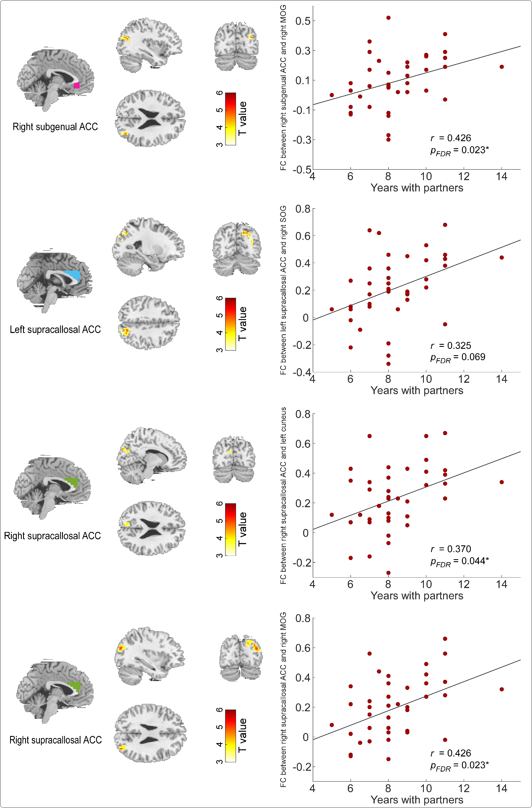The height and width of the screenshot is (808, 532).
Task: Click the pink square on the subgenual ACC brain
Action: tap(76, 85)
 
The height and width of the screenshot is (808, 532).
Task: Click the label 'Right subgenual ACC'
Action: tap(55, 127)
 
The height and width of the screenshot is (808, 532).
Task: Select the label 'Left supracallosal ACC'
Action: tap(55, 330)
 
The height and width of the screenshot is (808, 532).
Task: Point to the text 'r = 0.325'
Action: tap(451, 346)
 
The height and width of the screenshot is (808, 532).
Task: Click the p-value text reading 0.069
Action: tap(458, 357)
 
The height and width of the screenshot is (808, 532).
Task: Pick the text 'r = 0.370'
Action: tap(451, 549)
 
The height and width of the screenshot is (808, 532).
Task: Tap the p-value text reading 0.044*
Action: tap(459, 561)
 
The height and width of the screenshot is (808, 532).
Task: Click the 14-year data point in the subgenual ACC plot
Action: tap(501, 67)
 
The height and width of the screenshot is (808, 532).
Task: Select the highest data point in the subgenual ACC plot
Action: tap(388, 18)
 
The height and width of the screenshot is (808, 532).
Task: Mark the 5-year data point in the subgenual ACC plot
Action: tap(332, 95)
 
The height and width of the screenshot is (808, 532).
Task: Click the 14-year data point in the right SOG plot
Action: tap(501, 258)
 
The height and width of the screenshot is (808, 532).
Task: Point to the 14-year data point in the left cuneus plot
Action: tap(501, 482)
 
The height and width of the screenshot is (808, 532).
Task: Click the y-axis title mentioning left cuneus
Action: tap(284, 496)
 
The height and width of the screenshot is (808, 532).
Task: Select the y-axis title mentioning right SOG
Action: tap(284, 290)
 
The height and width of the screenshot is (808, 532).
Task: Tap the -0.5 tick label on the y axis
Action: tap(302, 170)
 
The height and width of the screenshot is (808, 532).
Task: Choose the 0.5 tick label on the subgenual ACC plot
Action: tap(303, 21)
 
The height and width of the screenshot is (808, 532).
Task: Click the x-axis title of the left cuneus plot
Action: tap(417, 596)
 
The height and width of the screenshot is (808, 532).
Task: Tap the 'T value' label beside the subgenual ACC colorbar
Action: tap(242, 119)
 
